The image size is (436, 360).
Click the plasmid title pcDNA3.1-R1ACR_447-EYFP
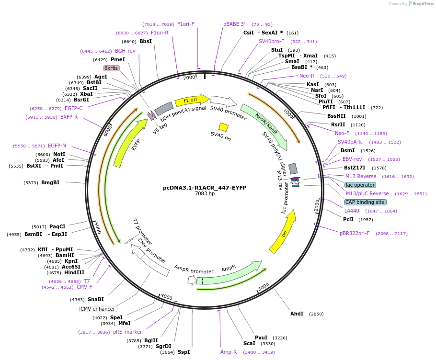point(205,187)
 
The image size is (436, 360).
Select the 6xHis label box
point(111,68)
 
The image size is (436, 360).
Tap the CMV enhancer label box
point(98,309)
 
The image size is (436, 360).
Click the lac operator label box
point(360,185)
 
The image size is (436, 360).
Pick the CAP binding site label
point(365,202)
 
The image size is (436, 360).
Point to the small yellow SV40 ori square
point(223,127)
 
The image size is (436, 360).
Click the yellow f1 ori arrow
point(192,100)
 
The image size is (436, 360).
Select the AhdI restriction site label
point(297,314)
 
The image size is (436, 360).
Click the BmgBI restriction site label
point(50,182)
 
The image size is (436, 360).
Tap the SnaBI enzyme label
point(95,299)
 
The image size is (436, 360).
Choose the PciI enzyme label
point(348,219)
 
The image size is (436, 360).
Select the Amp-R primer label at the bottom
point(229,352)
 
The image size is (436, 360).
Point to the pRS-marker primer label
point(127,332)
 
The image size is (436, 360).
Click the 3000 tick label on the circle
point(264,286)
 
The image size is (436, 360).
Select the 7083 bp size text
point(205,194)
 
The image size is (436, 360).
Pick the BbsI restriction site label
point(146,41)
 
